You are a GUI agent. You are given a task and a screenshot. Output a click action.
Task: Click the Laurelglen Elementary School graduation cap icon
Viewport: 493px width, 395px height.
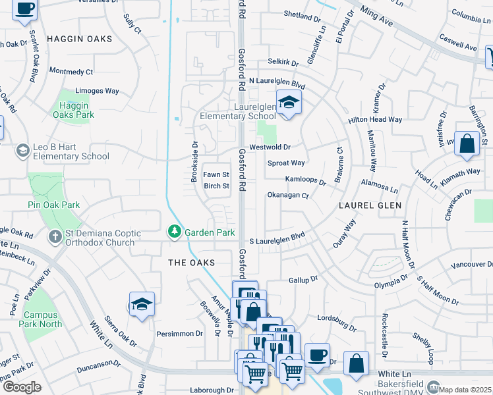coord(288,103)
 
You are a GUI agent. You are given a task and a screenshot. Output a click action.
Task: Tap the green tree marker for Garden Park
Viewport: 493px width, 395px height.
coord(174,232)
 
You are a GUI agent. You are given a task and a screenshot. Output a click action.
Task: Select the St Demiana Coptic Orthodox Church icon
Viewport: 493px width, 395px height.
coord(55,235)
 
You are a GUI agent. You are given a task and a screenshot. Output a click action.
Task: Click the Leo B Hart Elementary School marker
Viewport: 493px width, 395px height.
coord(22,151)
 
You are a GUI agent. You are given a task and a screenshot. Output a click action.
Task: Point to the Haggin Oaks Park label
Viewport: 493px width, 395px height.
coord(76,110)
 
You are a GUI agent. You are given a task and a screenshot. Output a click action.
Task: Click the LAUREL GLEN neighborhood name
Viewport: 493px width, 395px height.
coord(366,205)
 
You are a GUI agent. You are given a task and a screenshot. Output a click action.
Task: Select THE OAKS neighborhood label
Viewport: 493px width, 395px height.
coord(192,263)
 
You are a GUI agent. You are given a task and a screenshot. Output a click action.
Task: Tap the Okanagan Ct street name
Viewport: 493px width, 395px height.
coord(287,196)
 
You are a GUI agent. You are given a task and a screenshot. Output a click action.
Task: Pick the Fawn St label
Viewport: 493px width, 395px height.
coord(216,174)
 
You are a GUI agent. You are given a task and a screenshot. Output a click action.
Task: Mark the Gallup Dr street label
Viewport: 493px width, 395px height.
coord(303,280)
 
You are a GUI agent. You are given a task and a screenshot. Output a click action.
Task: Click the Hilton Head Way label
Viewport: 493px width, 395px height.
coord(375,120)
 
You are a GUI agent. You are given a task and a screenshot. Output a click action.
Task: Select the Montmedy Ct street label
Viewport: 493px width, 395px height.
coord(71,71)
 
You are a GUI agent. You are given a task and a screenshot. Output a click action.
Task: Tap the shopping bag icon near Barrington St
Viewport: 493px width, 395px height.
coord(467,145)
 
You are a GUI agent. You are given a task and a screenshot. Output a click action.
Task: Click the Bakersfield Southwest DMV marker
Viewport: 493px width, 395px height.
coord(434,386)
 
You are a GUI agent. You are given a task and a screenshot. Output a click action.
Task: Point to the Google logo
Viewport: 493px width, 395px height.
coord(22,387)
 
